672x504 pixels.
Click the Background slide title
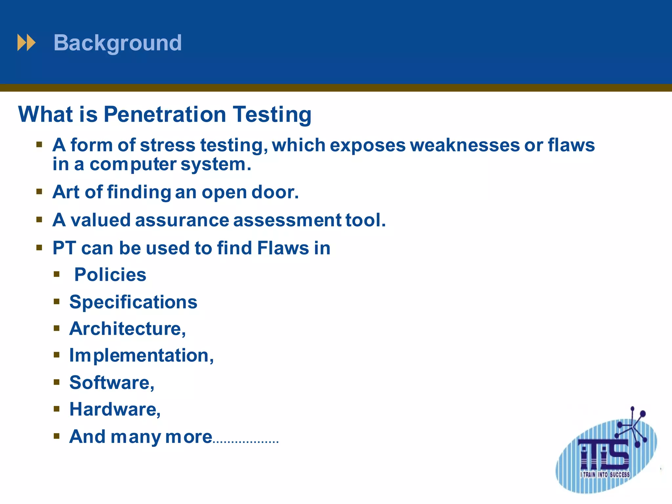click(117, 43)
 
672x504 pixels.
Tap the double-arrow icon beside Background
click(26, 43)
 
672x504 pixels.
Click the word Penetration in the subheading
click(165, 115)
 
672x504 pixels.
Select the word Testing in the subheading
click(272, 115)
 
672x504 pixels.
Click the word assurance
click(182, 220)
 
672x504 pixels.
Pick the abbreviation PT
click(64, 248)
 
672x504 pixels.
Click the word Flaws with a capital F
click(283, 248)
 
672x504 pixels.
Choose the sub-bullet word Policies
click(110, 275)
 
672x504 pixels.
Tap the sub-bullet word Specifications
click(133, 302)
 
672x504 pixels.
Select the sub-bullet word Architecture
click(127, 329)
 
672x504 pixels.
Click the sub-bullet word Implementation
click(141, 356)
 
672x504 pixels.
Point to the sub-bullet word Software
click(112, 383)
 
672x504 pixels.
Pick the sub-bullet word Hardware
click(115, 409)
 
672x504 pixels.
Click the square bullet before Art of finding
click(39, 191)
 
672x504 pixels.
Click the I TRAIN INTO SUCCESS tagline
click(605, 474)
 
